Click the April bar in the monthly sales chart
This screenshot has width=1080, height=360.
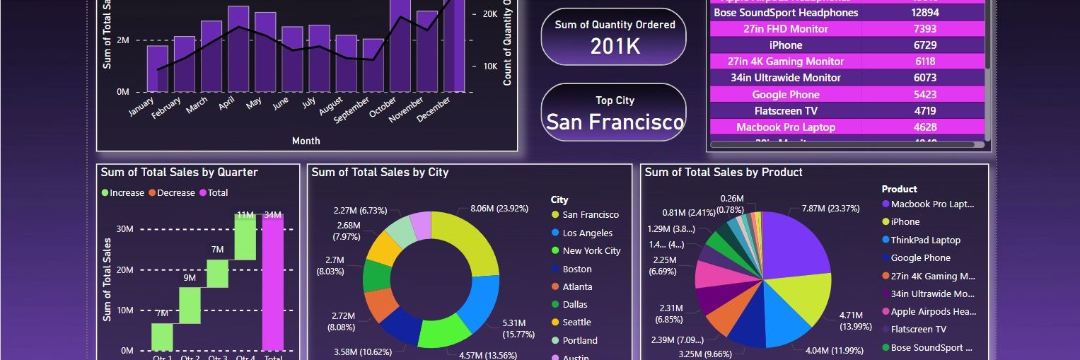click(238, 50)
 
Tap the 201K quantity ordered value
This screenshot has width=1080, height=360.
click(615, 47)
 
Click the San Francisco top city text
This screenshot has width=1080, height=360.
click(615, 122)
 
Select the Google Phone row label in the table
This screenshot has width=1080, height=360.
click(785, 95)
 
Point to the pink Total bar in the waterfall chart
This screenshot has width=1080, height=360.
click(273, 283)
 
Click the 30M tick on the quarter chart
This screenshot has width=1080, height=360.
click(126, 229)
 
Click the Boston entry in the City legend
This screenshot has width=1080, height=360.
click(576, 269)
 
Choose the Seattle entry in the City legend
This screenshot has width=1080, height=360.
click(576, 323)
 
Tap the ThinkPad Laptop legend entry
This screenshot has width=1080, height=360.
click(925, 240)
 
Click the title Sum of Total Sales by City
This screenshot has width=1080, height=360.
click(380, 173)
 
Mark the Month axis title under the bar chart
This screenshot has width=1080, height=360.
click(306, 141)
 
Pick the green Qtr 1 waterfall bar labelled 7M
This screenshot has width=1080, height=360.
click(162, 337)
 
